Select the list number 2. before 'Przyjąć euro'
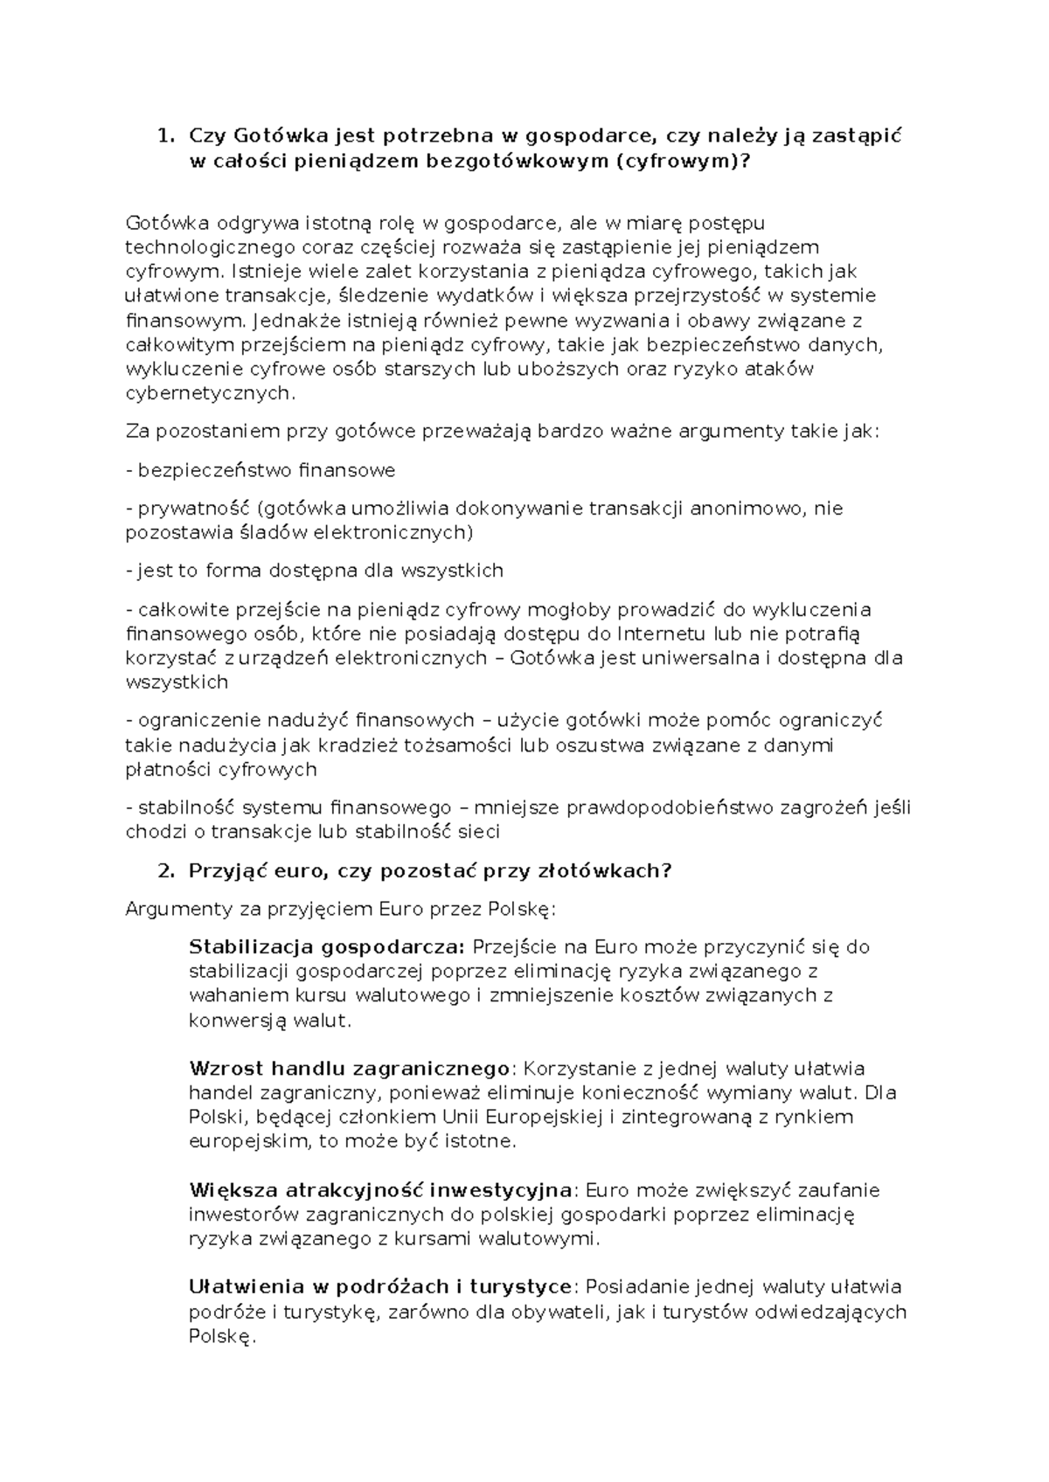[163, 871]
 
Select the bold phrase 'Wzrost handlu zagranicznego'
[349, 1069]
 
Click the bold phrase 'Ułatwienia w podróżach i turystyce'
[381, 1287]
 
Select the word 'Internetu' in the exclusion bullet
[663, 634]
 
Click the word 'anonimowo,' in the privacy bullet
[749, 509]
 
